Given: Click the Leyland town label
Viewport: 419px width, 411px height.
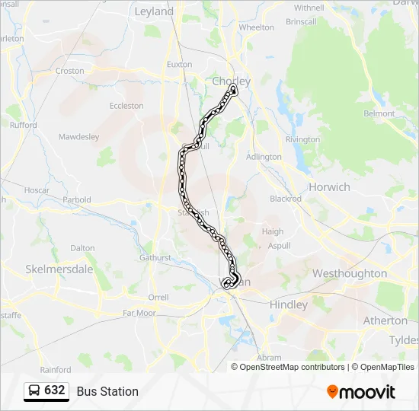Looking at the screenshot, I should coord(154,11).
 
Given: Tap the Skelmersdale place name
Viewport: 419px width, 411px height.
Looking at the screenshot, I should coord(59,269).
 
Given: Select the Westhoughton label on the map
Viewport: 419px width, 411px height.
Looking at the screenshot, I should coord(350,273).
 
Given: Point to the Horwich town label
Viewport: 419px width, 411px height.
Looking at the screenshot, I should coord(329,187).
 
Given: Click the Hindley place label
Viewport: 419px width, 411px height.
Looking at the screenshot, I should coord(289,304).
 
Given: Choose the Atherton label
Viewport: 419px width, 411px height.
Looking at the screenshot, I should coord(385,320).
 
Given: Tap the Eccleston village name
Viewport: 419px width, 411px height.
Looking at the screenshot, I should coord(126,106).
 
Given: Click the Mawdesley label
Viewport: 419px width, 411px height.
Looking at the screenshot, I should coord(79,137).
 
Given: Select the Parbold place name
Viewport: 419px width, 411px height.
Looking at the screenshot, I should coord(76,200).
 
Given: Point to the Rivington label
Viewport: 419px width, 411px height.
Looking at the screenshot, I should coord(302,139).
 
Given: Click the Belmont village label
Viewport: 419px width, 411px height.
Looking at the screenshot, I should coord(379,114).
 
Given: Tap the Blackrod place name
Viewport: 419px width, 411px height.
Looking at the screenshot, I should coord(286,199).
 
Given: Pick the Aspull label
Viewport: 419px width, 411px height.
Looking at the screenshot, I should coord(279,247).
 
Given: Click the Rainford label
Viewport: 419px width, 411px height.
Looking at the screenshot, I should coord(55,370).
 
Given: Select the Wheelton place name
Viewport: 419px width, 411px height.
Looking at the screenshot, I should coord(256,27).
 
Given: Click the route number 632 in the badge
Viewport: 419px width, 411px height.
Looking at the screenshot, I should coord(54,390).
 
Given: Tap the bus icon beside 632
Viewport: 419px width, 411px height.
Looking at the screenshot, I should coord(35,390).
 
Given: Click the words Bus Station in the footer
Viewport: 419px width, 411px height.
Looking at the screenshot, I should coord(107,391).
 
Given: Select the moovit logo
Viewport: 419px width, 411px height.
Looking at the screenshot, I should coord(361,391).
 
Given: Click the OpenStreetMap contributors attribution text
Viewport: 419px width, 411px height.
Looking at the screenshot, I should coord(292,367).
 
